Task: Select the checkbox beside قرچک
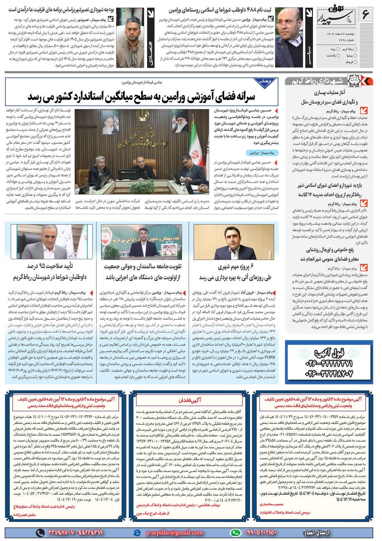356,62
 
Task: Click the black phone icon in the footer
40,532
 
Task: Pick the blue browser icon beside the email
137,532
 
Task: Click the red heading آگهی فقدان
190,400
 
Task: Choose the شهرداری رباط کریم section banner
319,81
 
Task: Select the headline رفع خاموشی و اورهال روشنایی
330,250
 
